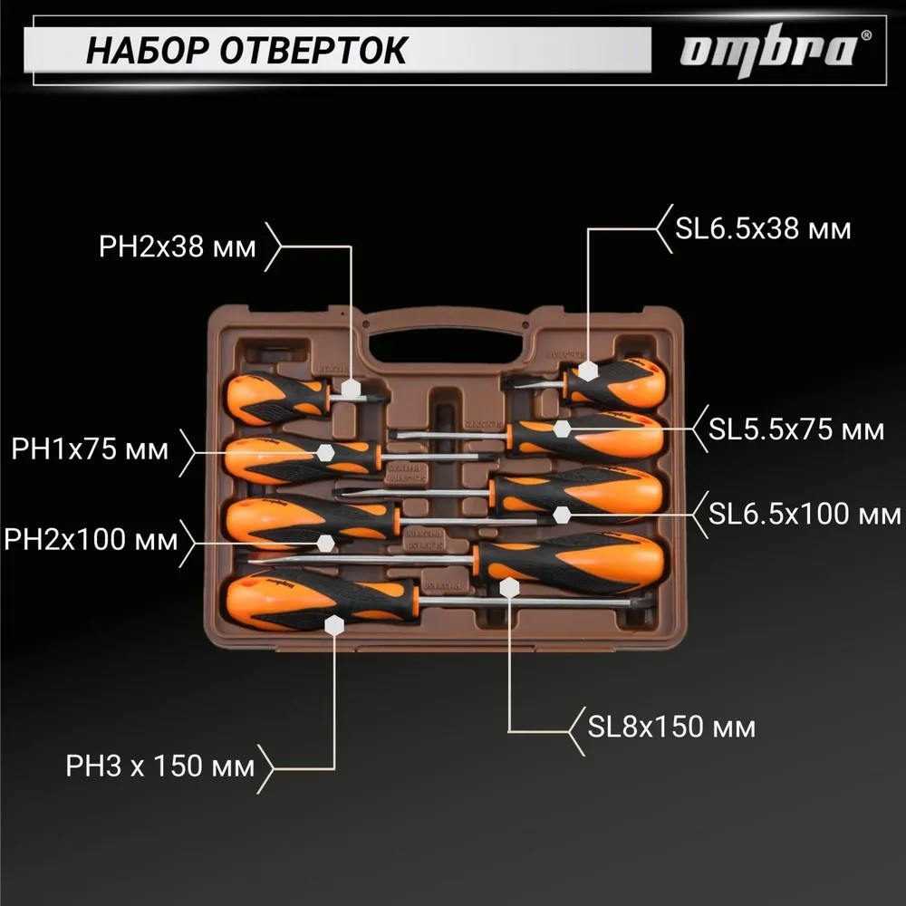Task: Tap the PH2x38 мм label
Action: pos(178,246)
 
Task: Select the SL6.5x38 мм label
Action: pos(763,227)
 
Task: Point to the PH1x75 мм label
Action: pos(91,449)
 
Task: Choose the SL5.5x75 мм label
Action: pos(796,429)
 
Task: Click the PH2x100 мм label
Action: pos(91,541)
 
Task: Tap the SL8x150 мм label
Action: pos(671,727)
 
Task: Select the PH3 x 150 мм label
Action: pos(159,768)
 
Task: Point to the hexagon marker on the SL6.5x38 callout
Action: pos(587,371)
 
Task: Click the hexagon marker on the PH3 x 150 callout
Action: pos(335,626)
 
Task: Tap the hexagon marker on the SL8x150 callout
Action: pos(509,588)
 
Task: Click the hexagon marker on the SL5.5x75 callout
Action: pos(563,429)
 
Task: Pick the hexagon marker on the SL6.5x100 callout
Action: pos(563,515)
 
